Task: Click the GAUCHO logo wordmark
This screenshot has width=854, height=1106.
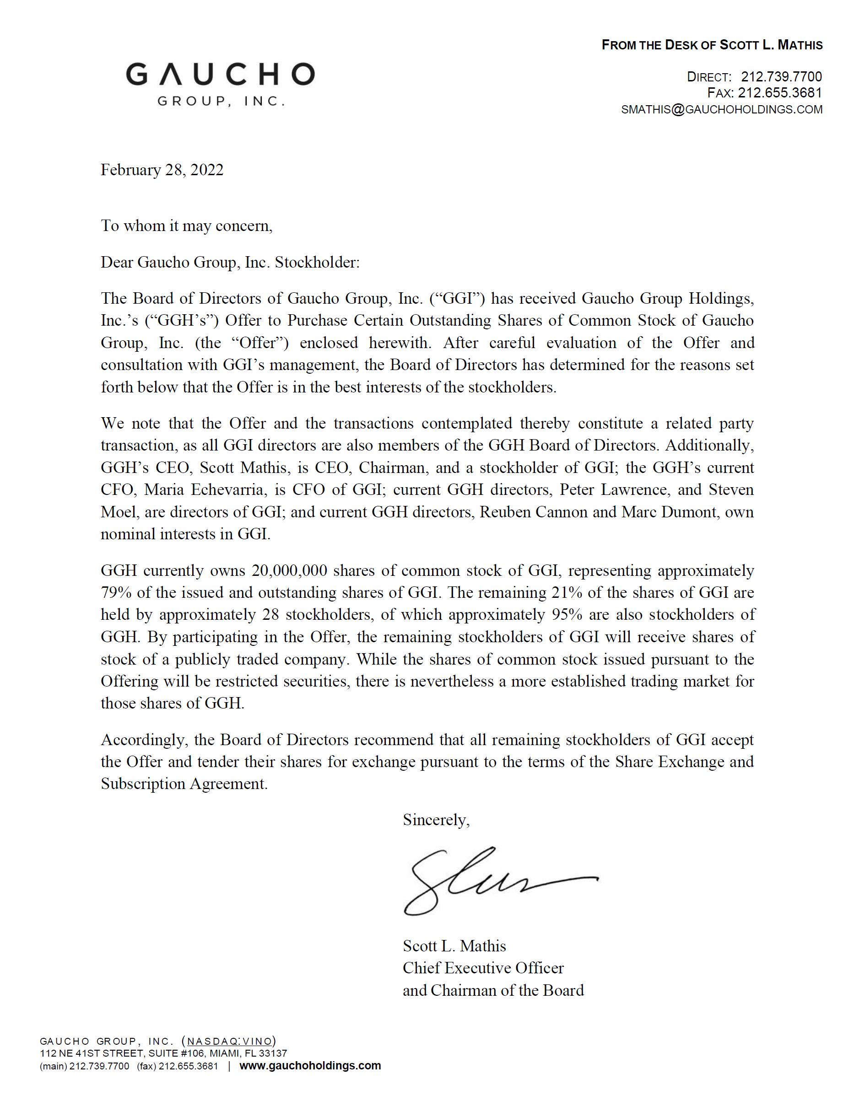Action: coord(220,75)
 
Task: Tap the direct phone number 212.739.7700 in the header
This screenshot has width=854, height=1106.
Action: coord(781,77)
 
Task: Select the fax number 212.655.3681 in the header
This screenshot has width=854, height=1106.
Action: coord(779,93)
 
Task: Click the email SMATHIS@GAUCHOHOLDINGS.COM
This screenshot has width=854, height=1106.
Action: coord(722,109)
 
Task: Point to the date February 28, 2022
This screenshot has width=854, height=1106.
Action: coord(162,170)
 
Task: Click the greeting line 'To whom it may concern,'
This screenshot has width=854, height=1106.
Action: coord(187,226)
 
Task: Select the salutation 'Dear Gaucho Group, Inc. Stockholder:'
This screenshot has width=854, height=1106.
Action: coord(230,263)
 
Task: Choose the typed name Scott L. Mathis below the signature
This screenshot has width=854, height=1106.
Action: coord(454,946)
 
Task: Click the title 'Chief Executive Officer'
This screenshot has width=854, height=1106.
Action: coord(483,968)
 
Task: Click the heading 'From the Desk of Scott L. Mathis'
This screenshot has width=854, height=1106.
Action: coord(712,45)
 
